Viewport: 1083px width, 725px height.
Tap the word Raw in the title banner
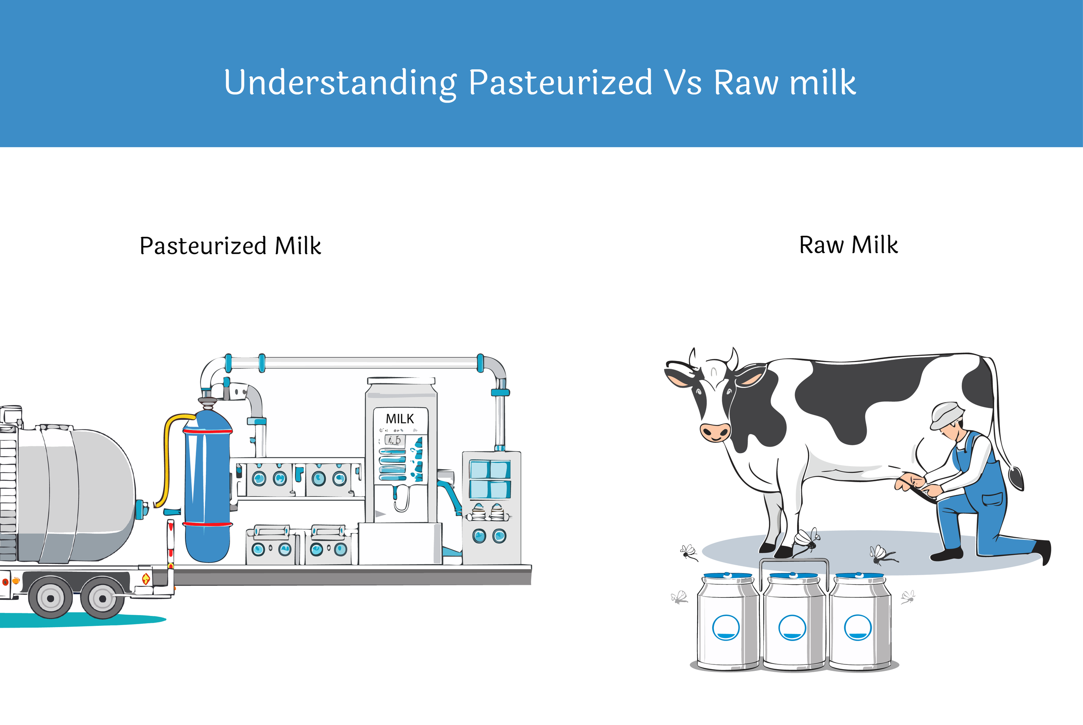tap(746, 83)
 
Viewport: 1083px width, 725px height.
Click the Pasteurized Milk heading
tap(230, 245)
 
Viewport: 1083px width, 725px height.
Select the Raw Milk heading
tap(849, 245)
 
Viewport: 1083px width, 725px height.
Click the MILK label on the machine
tap(400, 419)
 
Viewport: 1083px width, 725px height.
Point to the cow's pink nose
tap(715, 432)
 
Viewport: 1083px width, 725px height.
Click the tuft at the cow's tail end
tap(1016, 479)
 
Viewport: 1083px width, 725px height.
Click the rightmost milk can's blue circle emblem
tap(858, 628)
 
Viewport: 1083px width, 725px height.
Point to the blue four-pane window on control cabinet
tap(490, 480)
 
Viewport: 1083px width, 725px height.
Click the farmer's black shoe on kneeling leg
tap(947, 554)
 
